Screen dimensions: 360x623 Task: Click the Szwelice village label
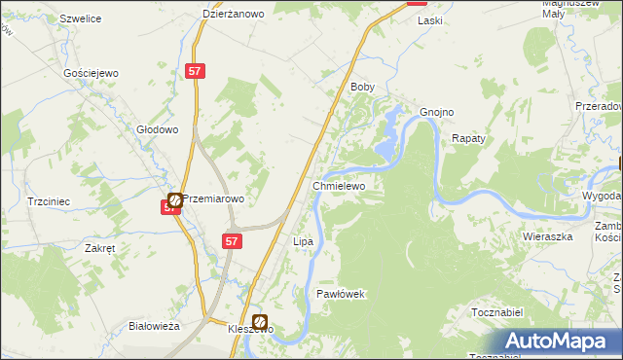(82, 18)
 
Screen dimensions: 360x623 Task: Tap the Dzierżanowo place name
(235, 14)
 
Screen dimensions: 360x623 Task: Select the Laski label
(429, 20)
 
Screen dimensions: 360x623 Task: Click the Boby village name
(362, 87)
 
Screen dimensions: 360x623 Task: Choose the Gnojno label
(437, 112)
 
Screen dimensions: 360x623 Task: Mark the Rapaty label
(468, 139)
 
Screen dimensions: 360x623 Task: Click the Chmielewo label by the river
(339, 185)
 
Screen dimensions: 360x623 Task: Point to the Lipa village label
(303, 240)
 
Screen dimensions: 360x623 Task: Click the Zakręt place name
(100, 248)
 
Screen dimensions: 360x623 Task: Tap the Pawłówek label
(340, 293)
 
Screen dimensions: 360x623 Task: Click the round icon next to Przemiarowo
(175, 198)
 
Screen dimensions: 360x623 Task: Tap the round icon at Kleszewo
(260, 321)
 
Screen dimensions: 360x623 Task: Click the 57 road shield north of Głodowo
(195, 71)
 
